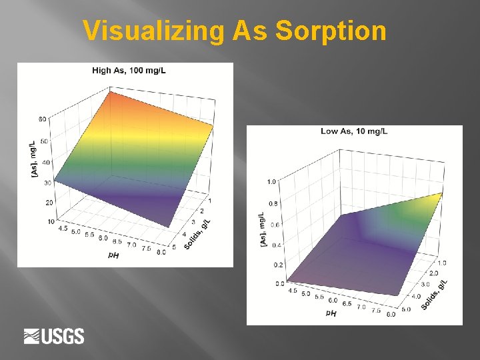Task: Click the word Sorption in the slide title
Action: click(x=331, y=31)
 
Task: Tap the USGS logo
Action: click(x=54, y=336)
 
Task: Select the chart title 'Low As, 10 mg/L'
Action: click(x=354, y=131)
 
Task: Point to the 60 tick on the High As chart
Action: click(x=42, y=119)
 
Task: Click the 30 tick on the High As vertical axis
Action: click(x=48, y=182)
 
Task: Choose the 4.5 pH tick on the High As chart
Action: click(x=64, y=228)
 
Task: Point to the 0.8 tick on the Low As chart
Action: click(x=273, y=203)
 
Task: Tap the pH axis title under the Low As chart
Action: click(x=331, y=312)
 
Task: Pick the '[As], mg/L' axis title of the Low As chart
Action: click(x=262, y=231)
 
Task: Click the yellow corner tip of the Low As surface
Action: click(x=441, y=195)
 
